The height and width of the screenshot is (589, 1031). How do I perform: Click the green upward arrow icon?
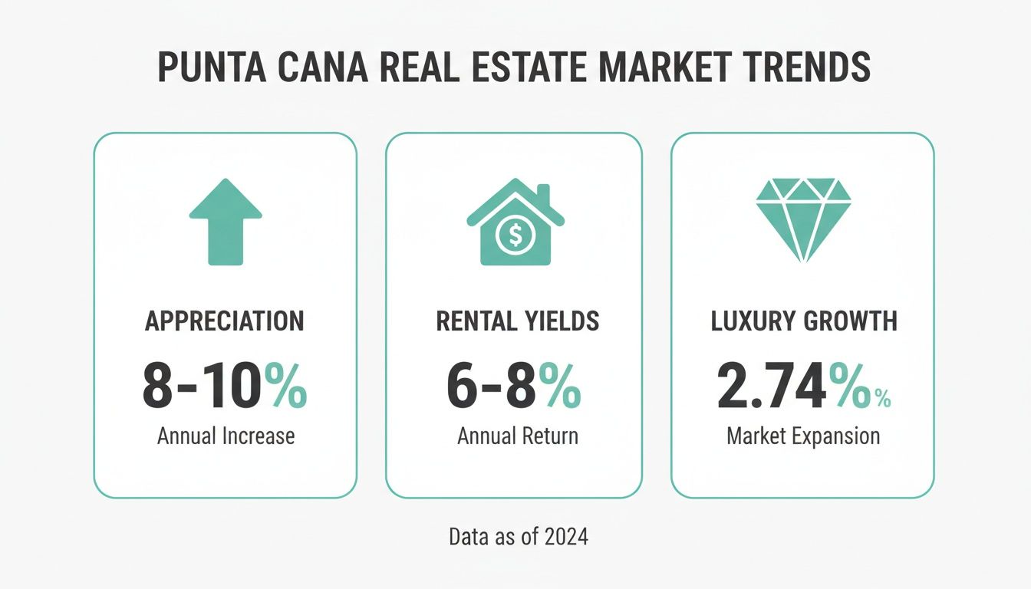(226, 222)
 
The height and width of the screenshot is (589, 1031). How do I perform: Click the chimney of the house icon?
(543, 194)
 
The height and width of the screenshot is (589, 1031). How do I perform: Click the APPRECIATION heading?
(225, 321)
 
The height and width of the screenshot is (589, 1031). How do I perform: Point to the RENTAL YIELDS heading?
(517, 321)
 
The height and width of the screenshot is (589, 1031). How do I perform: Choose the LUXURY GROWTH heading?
(804, 321)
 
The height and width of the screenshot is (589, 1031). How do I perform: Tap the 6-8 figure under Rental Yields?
(492, 388)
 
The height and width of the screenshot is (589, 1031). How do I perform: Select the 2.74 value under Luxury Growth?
(772, 388)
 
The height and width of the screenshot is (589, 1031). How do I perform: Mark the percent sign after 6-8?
(559, 388)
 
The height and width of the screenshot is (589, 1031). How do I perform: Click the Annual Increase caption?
(226, 436)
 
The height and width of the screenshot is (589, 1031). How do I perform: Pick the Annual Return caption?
(517, 436)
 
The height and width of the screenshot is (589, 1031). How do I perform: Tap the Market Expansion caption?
(802, 436)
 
